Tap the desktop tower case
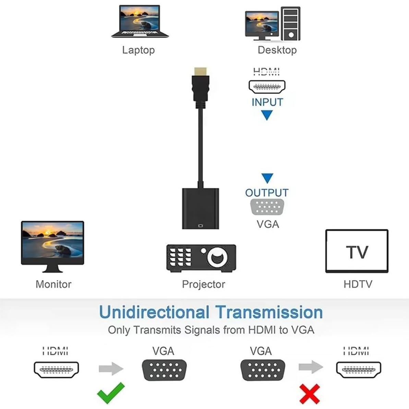pos(290,23)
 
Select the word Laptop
pos(139,50)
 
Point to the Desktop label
pos(277,50)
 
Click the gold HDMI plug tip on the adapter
pos(200,72)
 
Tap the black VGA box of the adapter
pos(200,208)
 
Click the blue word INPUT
pos(267,102)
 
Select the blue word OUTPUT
pos(267,193)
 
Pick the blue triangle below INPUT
pos(267,115)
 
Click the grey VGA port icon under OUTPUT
pos(267,207)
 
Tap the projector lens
pos(217,257)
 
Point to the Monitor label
pos(53,284)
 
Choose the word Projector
pos(203,284)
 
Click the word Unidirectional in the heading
pos(154,312)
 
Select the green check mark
pos(111,393)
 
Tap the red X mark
pos(310,394)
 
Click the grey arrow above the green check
pos(111,369)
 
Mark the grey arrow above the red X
pos(311,367)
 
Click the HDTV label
pos(358,284)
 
